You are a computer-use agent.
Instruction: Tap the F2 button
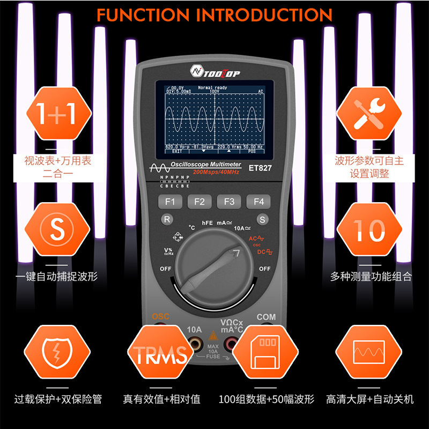(199, 202)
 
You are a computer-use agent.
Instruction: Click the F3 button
(229, 202)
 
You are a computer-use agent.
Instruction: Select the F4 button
(258, 202)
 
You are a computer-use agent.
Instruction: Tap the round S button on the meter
(262, 219)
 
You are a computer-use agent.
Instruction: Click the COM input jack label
(266, 317)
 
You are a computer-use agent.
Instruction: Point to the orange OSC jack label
(160, 316)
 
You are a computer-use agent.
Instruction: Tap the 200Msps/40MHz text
(216, 172)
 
